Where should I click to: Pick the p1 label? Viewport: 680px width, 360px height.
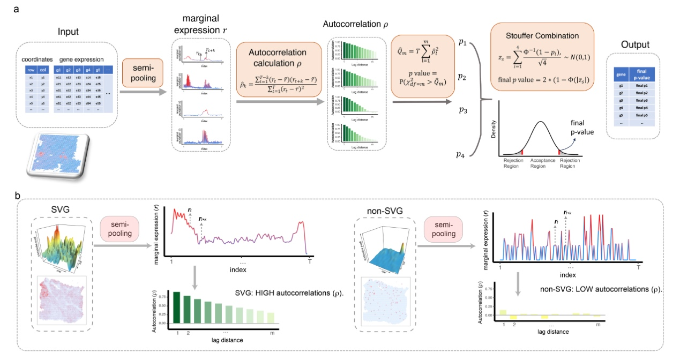click(x=461, y=41)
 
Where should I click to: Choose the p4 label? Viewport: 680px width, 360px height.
click(x=460, y=155)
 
